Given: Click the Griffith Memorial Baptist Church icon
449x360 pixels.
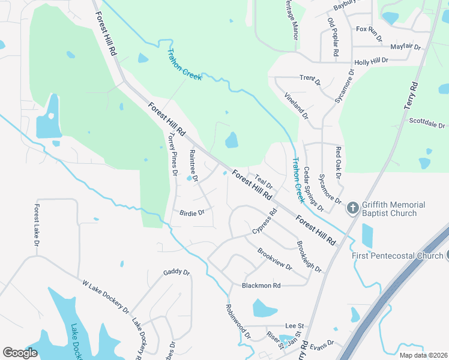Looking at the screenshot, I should click(353, 209).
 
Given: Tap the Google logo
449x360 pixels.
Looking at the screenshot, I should click(20, 353).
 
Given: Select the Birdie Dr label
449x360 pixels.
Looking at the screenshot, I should click(192, 212).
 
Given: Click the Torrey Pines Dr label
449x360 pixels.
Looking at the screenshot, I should click(173, 154).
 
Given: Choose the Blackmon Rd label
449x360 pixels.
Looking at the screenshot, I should click(261, 286).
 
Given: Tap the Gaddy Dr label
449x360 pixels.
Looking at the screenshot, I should click(176, 272).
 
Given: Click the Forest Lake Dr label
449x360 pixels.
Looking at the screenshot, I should click(37, 226).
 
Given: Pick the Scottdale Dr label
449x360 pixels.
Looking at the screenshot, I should click(427, 122).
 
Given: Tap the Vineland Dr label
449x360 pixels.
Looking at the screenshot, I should click(296, 106).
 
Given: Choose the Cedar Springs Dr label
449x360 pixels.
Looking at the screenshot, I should click(313, 190).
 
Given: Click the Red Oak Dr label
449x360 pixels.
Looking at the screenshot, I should click(338, 163).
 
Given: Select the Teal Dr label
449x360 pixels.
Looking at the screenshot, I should click(264, 181).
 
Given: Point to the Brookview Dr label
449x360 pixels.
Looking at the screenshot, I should click(274, 259).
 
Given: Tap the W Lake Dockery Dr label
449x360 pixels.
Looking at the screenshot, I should click(105, 296).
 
